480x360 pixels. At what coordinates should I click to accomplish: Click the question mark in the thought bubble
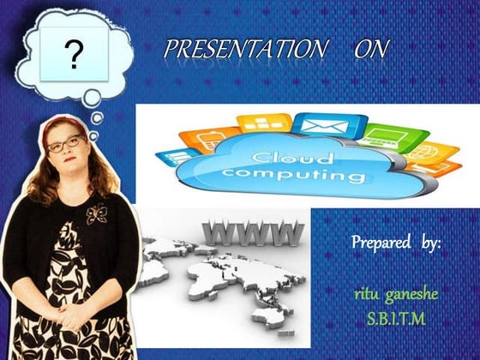tap(75, 55)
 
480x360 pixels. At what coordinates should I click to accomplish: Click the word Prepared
tap(380, 243)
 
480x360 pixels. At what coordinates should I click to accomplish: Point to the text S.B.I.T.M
tap(396, 319)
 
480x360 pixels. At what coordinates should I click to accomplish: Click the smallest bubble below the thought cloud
tap(97, 117)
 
